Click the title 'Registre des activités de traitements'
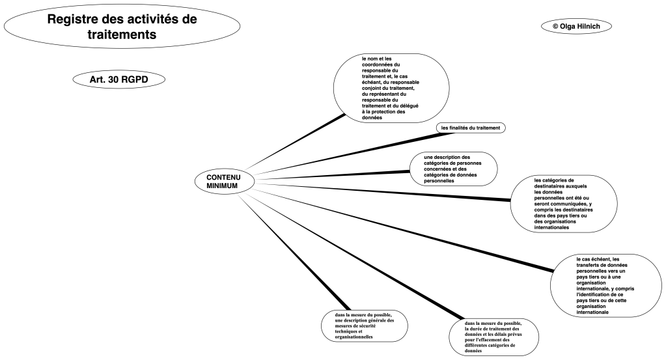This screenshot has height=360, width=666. click(x=122, y=26)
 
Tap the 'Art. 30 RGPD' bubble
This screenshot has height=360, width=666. click(x=118, y=79)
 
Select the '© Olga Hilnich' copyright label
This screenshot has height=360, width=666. click(x=576, y=25)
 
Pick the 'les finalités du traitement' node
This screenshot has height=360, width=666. click(x=470, y=128)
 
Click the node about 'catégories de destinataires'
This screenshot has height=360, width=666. click(x=562, y=204)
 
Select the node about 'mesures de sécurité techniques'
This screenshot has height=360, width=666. click(x=364, y=326)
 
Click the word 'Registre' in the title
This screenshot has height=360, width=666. click(x=74, y=19)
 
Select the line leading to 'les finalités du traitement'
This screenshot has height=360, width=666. click(x=339, y=156)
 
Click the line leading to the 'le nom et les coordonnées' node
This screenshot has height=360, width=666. click(x=293, y=142)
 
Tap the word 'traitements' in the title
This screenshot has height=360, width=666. click(x=122, y=34)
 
